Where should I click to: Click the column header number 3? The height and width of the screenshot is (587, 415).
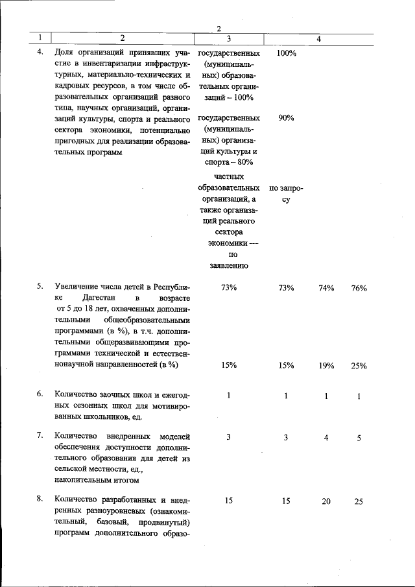click(229, 40)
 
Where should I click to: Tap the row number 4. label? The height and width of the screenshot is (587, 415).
click(40, 53)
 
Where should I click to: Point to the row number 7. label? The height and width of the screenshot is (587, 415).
click(40, 437)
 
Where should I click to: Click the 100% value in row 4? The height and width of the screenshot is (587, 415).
click(286, 53)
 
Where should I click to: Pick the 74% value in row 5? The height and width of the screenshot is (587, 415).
click(326, 287)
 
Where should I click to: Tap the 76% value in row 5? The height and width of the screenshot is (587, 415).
click(359, 287)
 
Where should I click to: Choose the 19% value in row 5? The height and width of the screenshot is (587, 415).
click(326, 366)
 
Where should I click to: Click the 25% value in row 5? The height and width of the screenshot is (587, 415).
click(359, 366)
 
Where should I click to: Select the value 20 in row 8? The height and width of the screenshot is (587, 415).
click(326, 501)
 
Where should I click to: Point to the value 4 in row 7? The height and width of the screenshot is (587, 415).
click(326, 438)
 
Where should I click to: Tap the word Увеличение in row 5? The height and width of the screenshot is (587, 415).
click(77, 287)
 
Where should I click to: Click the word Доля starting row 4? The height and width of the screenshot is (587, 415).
click(64, 53)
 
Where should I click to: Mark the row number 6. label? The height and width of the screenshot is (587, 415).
click(40, 394)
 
